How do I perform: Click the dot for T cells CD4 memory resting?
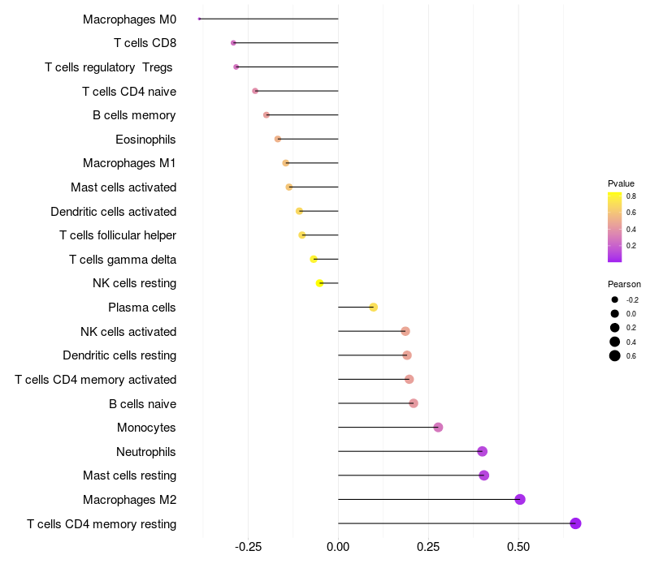(575, 523)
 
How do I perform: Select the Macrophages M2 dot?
(520, 499)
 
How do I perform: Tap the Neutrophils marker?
(482, 451)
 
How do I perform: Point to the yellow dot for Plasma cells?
(373, 307)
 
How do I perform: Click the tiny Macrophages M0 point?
(199, 19)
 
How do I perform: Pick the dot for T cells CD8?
(233, 42)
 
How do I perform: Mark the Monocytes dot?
(438, 428)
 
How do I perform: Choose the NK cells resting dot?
(319, 283)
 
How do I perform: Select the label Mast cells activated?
(123, 187)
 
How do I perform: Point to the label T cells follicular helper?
(118, 235)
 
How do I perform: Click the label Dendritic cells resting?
(119, 355)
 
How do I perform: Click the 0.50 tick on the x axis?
(518, 546)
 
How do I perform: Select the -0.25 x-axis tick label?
(247, 546)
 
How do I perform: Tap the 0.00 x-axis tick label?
(338, 546)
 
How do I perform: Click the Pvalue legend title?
(621, 183)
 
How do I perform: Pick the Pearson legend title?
(624, 285)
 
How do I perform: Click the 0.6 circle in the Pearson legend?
(615, 355)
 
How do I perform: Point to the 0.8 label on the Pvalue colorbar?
(630, 196)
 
